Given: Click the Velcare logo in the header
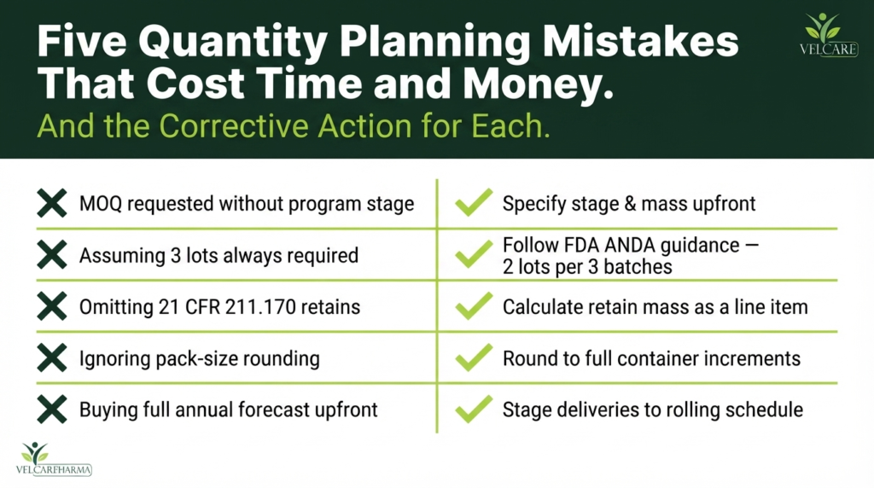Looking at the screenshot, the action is coord(829,34).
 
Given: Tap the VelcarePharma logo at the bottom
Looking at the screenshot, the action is coord(54,458).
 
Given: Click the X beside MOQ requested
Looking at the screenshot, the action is coord(52,203).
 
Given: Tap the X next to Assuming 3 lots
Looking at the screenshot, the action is coord(52,254).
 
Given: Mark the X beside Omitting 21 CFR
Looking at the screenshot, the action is coord(52,306).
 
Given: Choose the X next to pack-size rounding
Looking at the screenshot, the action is coord(52,357).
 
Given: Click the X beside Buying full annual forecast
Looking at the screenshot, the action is coord(52,410).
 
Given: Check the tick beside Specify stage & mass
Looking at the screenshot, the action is coord(474,202).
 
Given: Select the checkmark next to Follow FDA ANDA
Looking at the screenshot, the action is coord(474,254).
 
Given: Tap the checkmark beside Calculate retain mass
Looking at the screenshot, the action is coord(474,305).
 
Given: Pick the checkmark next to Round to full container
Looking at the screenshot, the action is coord(474,357).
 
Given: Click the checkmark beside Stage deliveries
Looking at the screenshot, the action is coord(474,409).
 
